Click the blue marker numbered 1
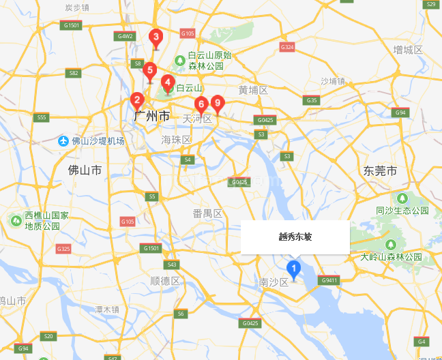point(294,270)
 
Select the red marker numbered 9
point(218,104)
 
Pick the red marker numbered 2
point(137,100)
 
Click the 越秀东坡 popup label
point(295,237)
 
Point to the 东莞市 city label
point(380,170)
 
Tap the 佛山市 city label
point(85,169)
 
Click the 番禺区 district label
point(207,213)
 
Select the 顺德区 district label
point(164,281)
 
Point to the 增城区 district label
point(409,50)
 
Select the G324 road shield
point(287,47)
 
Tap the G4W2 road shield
point(126,36)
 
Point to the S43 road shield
point(172,265)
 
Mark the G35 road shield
point(312,100)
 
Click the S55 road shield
point(42,117)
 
